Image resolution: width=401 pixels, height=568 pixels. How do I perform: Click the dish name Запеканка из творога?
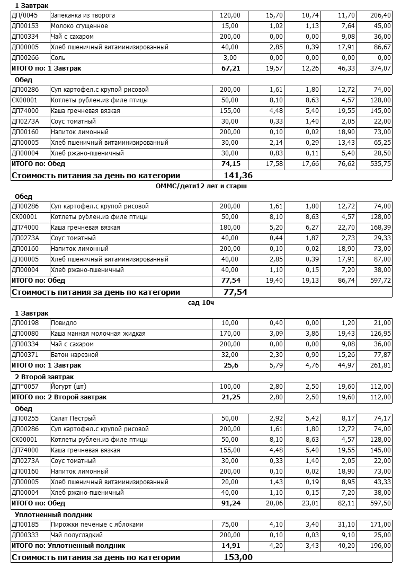83,15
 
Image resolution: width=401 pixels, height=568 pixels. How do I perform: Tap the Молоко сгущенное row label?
79,26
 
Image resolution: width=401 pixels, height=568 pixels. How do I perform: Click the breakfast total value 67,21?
230,68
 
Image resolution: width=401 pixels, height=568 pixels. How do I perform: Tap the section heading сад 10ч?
201,303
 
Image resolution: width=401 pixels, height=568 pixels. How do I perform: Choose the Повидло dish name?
64,323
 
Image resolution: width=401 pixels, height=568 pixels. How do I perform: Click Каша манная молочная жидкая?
97,334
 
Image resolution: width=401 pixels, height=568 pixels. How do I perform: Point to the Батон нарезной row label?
74,355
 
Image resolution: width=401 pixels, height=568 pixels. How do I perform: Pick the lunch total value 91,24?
230,503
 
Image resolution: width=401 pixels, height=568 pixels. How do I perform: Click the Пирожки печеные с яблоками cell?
96,525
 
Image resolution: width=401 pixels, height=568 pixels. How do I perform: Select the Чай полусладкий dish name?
76,535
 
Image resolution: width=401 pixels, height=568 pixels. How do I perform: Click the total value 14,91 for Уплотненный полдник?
230,546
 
